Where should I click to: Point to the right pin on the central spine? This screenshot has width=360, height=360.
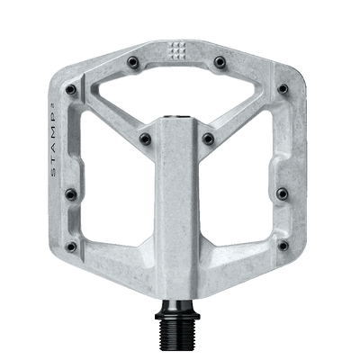[x=209, y=137]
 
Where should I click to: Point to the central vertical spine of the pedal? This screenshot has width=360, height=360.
[x=180, y=207]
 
